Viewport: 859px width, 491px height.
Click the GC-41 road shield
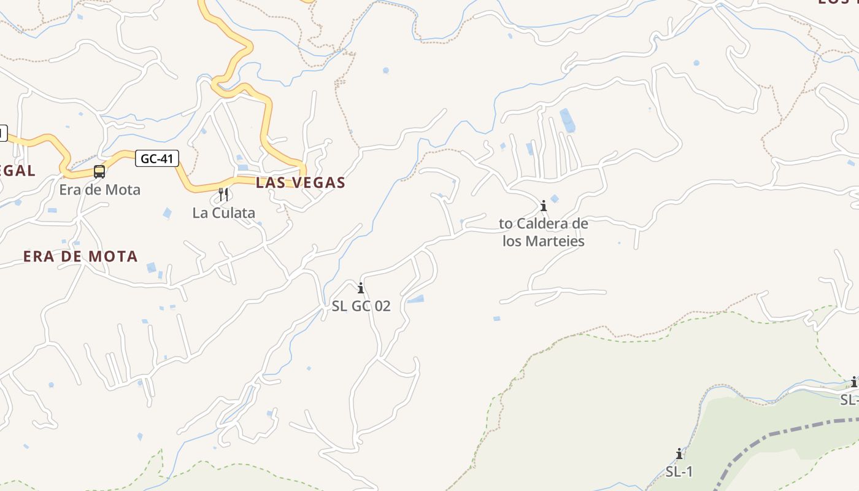[x=156, y=159]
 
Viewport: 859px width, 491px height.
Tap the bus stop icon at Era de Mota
[x=99, y=172]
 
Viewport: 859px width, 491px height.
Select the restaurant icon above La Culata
[x=223, y=195]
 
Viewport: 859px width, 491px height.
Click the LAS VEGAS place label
[x=301, y=183]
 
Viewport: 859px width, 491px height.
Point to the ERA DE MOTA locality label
[x=80, y=257]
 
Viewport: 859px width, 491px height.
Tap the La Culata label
[x=223, y=213]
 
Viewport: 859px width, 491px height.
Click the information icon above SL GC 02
[x=361, y=288]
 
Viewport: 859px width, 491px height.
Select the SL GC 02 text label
[x=361, y=306]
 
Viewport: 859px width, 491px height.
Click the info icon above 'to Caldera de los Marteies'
[x=543, y=206]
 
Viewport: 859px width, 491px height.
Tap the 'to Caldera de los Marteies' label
[x=543, y=232]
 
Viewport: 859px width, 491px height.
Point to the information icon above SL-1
[x=679, y=454]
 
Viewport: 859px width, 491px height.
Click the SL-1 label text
[x=679, y=471]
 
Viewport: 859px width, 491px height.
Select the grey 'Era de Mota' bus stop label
[x=99, y=190]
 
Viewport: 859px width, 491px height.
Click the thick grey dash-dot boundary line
[x=798, y=426]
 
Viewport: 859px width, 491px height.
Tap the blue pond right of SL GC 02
[x=416, y=300]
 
